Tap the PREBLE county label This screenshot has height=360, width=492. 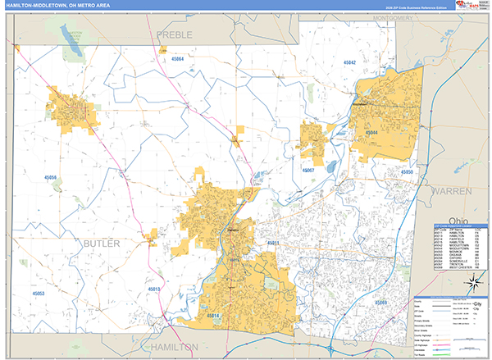click(x=174, y=35)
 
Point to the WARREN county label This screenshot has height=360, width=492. click(x=452, y=190)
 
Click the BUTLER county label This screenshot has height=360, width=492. click(x=101, y=244)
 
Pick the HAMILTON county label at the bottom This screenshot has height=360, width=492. click(x=174, y=347)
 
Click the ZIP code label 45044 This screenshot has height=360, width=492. click(x=370, y=132)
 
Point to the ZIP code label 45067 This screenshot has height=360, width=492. click(x=308, y=170)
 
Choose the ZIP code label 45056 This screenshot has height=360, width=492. click(x=52, y=177)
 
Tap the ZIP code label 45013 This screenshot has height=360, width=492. click(x=154, y=289)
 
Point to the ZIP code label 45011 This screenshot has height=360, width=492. click(x=273, y=243)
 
